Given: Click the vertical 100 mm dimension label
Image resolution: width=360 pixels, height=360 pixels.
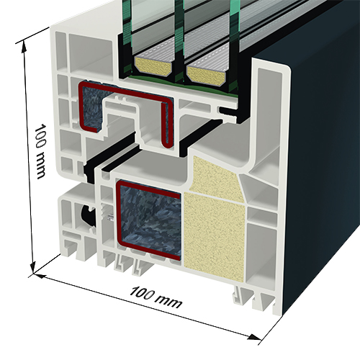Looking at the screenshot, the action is pyautogui.click(x=40, y=151).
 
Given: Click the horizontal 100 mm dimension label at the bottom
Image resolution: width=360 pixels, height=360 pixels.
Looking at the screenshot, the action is pyautogui.click(x=156, y=297).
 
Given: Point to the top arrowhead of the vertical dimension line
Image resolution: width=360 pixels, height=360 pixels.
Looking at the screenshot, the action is pyautogui.click(x=24, y=47).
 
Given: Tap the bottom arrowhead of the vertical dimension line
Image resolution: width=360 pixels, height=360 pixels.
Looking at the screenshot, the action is pyautogui.click(x=32, y=267).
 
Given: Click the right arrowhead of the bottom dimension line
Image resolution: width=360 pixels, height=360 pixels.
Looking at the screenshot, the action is pyautogui.click(x=254, y=337).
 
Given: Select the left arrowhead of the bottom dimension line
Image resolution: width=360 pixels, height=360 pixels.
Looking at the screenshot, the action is pyautogui.click(x=40, y=276).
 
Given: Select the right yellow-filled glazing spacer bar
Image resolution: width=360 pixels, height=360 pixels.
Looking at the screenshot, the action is pyautogui.click(x=207, y=74).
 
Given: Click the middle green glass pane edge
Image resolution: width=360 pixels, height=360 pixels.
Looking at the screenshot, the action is pyautogui.click(x=179, y=36).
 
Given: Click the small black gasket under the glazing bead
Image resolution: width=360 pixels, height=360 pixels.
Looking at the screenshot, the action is pyautogui.click(x=229, y=111).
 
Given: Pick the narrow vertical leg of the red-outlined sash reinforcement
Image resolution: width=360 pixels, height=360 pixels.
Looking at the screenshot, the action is pyautogui.click(x=167, y=124).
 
